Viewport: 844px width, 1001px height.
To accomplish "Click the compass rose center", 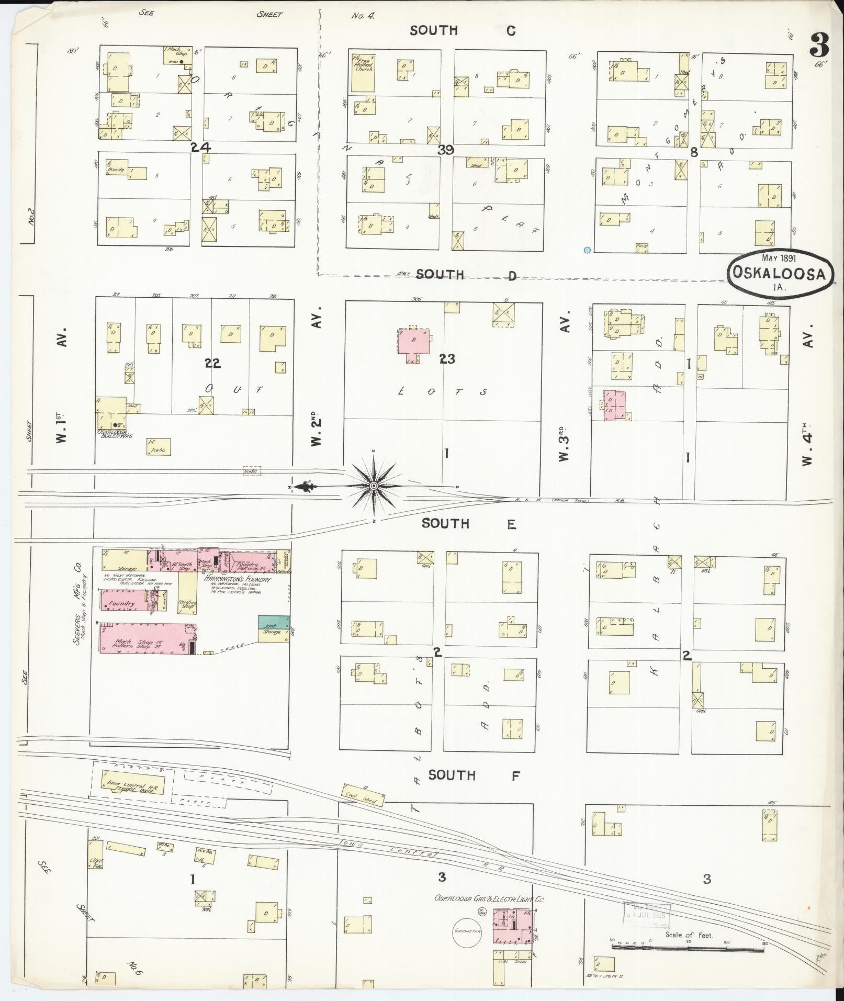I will (374, 486).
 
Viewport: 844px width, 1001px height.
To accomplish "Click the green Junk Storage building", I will (274, 622).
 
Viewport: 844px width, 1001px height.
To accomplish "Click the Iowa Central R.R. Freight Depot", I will (132, 785).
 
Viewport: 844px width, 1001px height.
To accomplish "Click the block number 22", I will (212, 363).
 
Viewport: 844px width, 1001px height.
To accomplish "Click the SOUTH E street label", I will (468, 524).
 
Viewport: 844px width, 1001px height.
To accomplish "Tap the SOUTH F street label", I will (474, 775).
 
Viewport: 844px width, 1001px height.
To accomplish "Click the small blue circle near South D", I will (587, 250).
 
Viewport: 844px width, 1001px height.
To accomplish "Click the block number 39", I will (446, 150).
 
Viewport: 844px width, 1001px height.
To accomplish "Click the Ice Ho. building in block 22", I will (159, 446).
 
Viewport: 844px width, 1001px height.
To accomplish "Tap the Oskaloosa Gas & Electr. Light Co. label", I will (489, 899).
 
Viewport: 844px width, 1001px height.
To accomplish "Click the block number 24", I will (200, 148).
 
